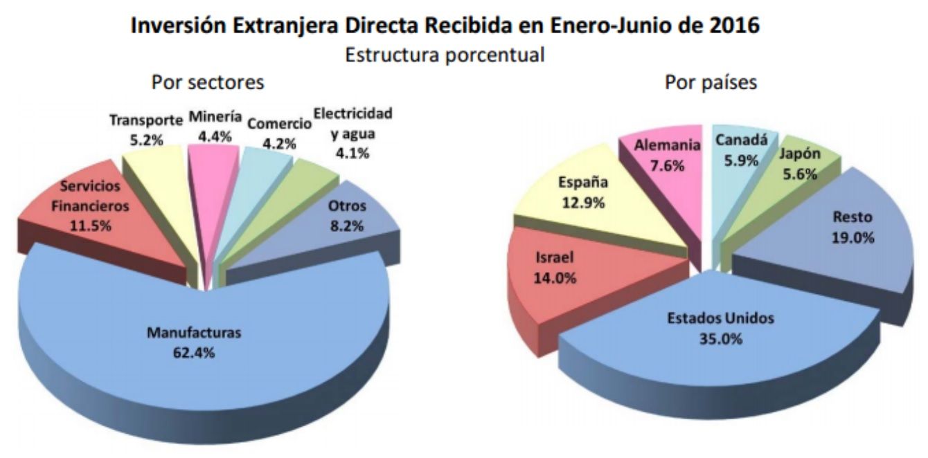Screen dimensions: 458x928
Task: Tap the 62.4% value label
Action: point(194,352)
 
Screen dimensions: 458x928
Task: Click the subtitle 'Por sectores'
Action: point(208,82)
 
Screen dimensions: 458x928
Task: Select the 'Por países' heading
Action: point(711,82)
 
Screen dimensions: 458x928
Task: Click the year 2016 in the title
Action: point(735,26)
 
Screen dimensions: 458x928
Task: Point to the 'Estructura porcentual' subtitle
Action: point(445,55)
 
